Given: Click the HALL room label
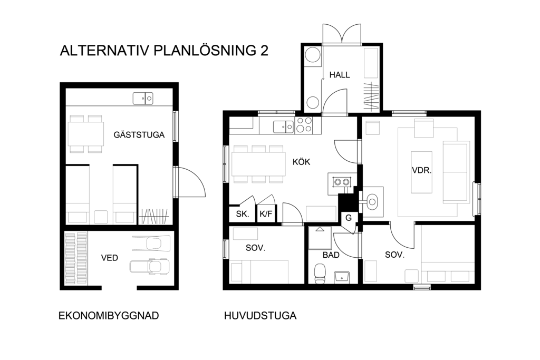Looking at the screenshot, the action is point(340,75).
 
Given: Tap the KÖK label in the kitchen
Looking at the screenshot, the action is point(301,161).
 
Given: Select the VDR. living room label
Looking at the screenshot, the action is point(422,170).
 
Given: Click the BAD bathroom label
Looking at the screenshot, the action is point(331,255).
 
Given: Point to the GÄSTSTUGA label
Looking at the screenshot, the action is point(139,134).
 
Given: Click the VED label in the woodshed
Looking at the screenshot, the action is point(110,258).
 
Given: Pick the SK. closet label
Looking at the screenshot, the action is point(243,214).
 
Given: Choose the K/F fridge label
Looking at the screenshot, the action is point(266,214).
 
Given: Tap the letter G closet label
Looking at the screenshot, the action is point(349,218).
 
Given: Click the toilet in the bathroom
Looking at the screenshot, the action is point(320,274).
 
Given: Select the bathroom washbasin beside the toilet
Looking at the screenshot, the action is point(342,276).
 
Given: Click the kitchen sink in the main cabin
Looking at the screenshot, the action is point(283,127).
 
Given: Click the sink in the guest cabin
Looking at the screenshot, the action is point(143,99).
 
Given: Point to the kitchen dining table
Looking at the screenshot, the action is point(258,164).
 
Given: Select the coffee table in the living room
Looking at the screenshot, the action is point(421,172).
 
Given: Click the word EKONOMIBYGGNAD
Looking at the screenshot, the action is point(109,316).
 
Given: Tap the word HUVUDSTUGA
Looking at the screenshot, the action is point(261,316).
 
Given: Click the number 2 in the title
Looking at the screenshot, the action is point(264,51).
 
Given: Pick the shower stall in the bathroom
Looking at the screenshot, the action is point(320,238).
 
